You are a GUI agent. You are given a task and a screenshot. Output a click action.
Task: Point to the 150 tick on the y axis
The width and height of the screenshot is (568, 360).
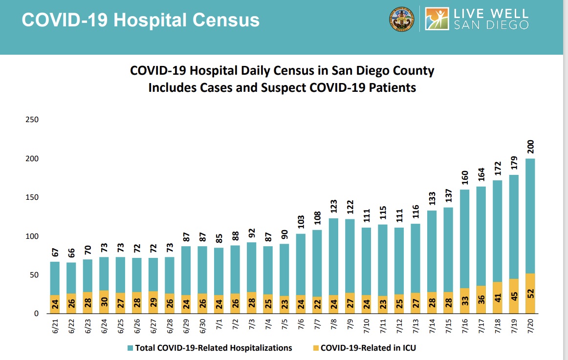(33, 198)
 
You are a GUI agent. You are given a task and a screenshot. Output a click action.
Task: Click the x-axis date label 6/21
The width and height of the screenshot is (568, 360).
(55, 326)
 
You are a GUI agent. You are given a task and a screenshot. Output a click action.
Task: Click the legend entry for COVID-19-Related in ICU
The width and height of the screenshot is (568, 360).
(364, 348)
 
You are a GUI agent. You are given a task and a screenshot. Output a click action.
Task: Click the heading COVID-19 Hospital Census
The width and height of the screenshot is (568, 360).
(141, 20)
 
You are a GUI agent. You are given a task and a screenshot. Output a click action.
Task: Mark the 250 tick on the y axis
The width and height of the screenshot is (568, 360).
(33, 120)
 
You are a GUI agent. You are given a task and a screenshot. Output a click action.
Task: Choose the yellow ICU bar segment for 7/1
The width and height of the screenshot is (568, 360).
(218, 304)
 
